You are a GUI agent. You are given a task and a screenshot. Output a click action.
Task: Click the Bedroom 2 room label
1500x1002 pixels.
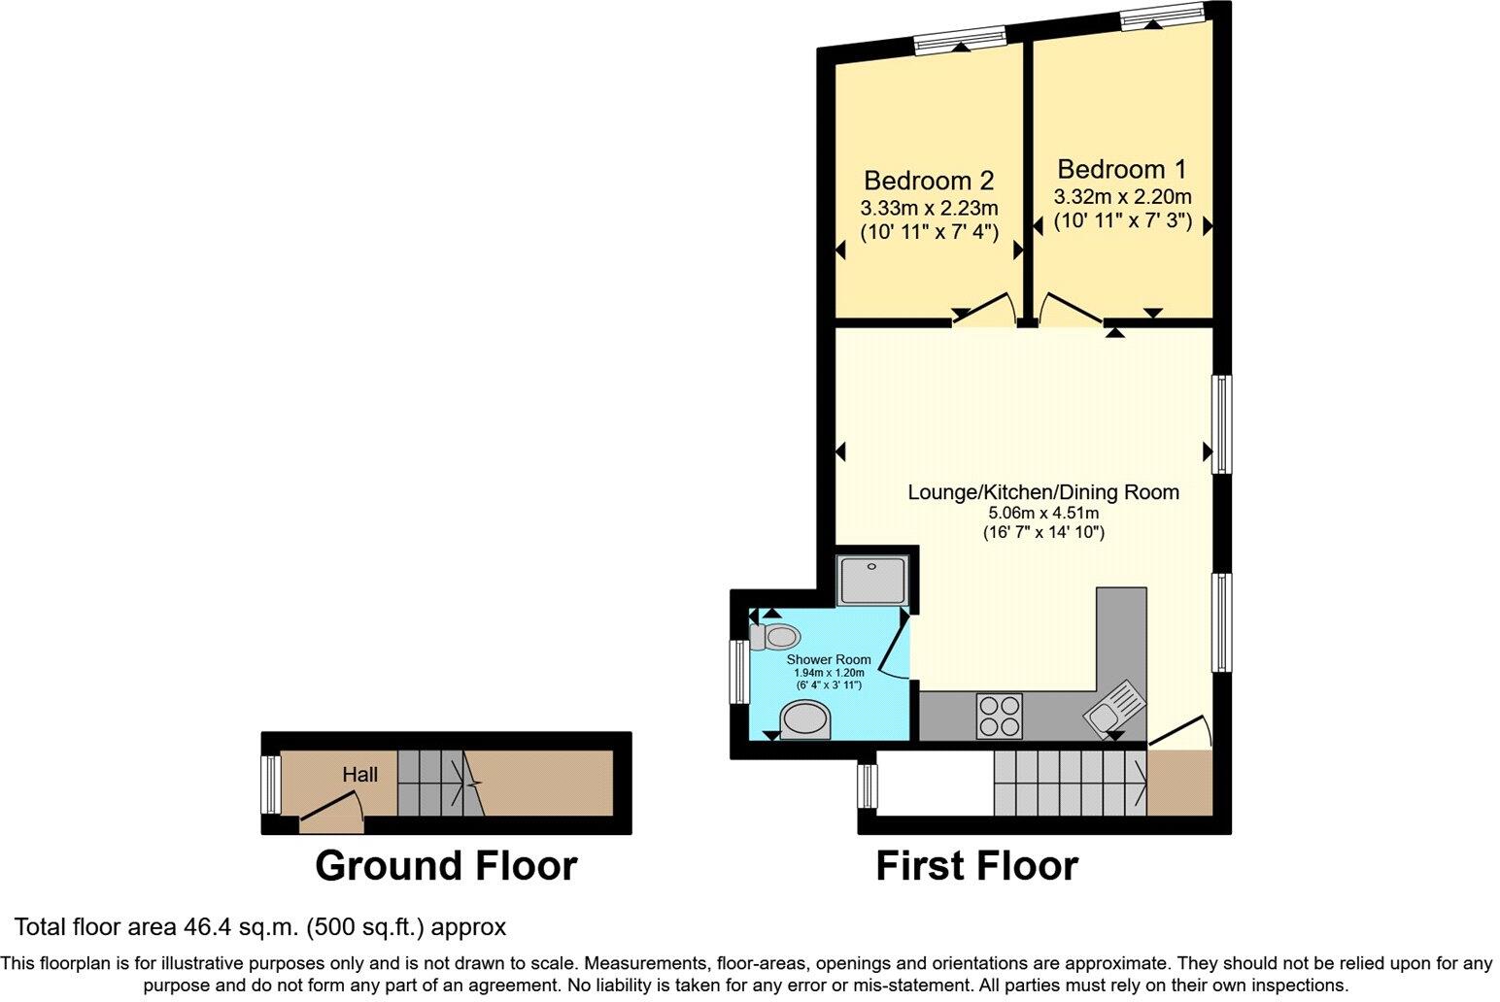pyautogui.click(x=928, y=181)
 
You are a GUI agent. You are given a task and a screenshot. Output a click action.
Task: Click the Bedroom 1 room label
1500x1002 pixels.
pyautogui.click(x=1121, y=169)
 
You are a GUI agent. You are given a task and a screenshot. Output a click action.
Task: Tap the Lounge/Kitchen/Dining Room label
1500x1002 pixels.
pyautogui.click(x=1042, y=491)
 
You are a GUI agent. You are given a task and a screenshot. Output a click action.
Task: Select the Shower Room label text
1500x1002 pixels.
pyautogui.click(x=828, y=659)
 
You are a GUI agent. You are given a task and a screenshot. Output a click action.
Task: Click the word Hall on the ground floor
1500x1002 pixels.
pyautogui.click(x=359, y=774)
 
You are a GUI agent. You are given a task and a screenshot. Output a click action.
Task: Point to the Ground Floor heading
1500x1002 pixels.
pyautogui.click(x=446, y=865)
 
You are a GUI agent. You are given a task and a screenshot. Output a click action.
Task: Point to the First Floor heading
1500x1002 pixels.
pyautogui.click(x=976, y=865)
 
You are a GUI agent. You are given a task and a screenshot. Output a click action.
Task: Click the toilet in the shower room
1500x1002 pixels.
pyautogui.click(x=775, y=638)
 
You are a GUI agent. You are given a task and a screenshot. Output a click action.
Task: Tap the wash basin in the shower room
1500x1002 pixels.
pyautogui.click(x=806, y=722)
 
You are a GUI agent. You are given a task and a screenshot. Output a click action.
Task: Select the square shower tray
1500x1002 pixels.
pyautogui.click(x=872, y=580)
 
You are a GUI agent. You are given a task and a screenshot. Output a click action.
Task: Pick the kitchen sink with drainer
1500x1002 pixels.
pyautogui.click(x=1113, y=709)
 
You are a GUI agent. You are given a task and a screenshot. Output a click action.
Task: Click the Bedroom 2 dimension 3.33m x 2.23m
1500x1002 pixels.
pyautogui.click(x=928, y=208)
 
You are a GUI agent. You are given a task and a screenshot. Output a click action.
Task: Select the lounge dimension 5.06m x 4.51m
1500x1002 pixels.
pyautogui.click(x=1042, y=513)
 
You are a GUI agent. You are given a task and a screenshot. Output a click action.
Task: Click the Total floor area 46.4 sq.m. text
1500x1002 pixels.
pyautogui.click(x=259, y=926)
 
